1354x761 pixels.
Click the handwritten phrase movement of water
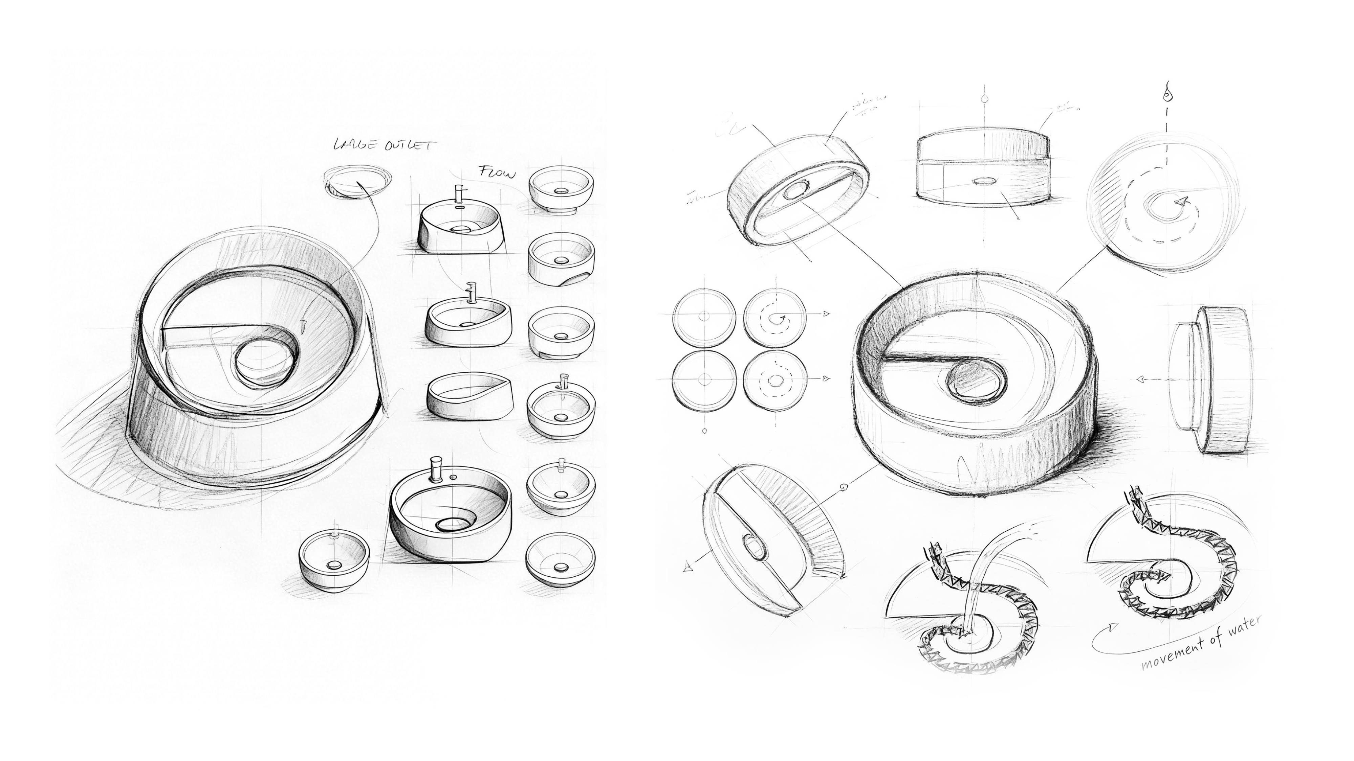pos(1201,643)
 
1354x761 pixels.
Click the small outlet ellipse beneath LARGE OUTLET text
pos(357,181)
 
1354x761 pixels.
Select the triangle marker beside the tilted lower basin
pos(687,567)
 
